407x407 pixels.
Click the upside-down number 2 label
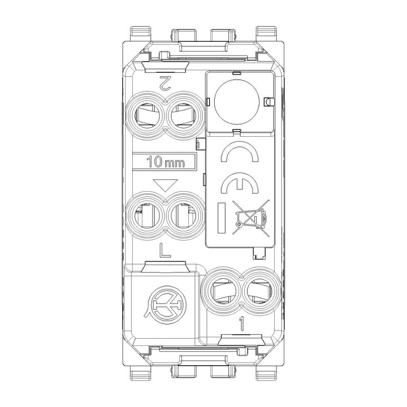pos(166,83)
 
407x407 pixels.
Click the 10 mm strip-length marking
pos(165,162)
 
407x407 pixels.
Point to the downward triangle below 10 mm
pos(165,185)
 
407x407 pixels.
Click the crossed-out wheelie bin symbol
pos(251,218)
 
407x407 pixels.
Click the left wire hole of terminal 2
pos(146,116)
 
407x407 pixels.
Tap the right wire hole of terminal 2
pos(184,116)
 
